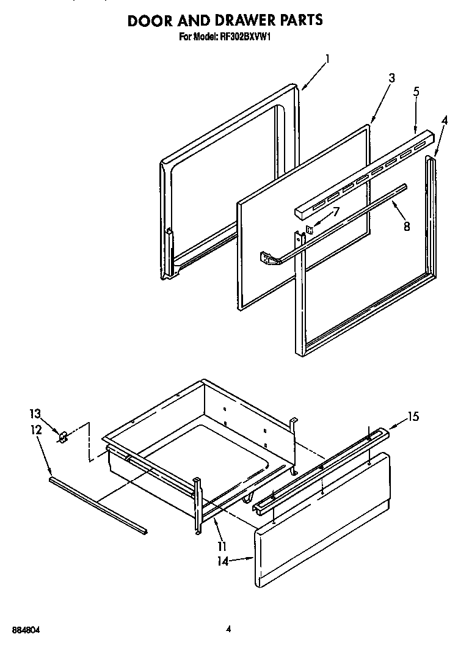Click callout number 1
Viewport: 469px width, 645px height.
click(327, 59)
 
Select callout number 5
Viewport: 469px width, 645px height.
click(416, 92)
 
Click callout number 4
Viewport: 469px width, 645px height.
click(444, 120)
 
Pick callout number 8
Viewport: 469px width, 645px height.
click(407, 225)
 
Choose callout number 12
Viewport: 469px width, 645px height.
click(35, 430)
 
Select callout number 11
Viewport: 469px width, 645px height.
click(222, 545)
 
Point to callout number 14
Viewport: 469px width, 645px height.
click(224, 561)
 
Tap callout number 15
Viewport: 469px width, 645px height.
click(413, 417)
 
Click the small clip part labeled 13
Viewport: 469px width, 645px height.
click(62, 437)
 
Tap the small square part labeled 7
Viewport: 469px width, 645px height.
click(310, 230)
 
